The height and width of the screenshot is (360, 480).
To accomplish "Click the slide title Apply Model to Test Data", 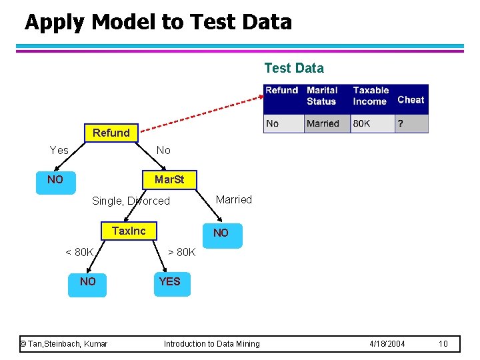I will (x=158, y=22).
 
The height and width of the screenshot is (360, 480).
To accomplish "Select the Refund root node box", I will (x=111, y=133).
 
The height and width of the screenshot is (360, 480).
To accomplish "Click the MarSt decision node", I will (x=169, y=180).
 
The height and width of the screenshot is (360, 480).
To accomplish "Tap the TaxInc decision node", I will (x=129, y=231).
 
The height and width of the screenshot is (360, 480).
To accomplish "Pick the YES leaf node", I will (x=169, y=282).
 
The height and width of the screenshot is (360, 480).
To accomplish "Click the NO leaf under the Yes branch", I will (x=55, y=180).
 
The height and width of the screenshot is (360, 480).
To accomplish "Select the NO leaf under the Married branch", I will (x=221, y=233).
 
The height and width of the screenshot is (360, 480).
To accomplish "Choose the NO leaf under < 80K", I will (x=87, y=282).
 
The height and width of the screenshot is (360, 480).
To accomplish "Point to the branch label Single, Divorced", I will (x=131, y=201).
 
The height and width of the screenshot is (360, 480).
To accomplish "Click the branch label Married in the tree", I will (x=234, y=199).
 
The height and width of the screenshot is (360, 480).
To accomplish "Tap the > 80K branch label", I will (x=181, y=252).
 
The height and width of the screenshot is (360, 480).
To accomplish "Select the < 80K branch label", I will (x=79, y=252).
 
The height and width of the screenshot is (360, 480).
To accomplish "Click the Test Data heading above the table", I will (x=294, y=68).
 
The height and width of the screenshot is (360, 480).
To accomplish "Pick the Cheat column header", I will (x=411, y=99).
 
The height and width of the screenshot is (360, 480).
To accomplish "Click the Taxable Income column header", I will (x=371, y=95).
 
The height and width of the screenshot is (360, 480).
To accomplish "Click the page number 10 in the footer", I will (x=443, y=344).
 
